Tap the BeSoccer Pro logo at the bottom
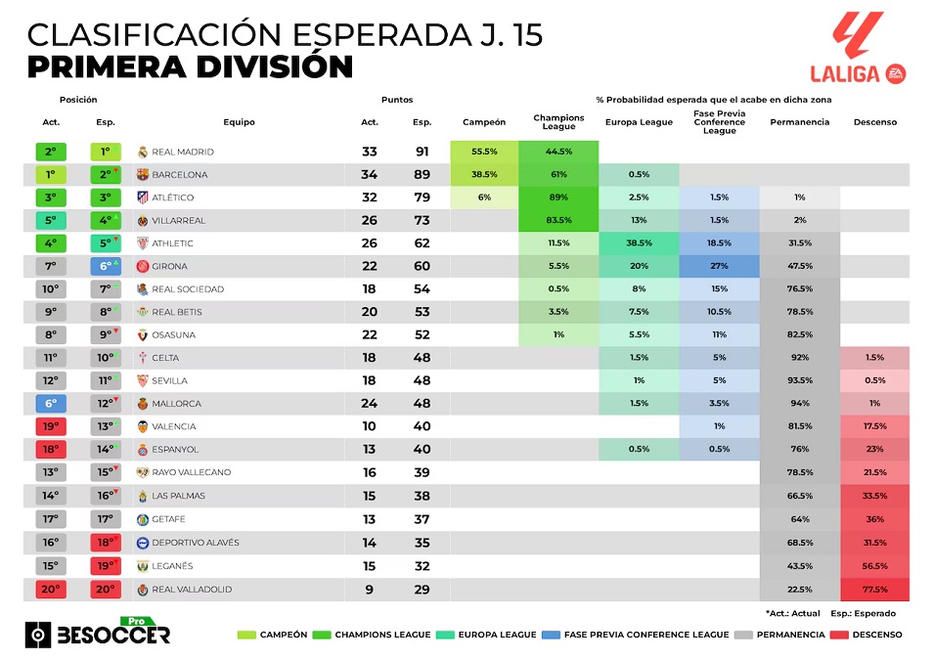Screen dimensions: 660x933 click(98, 633)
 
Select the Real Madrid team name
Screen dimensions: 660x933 click(182, 153)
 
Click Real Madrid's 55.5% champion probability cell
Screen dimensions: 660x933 click(484, 153)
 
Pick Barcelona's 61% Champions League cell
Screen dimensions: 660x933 click(558, 175)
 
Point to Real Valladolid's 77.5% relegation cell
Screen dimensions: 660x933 click(874, 590)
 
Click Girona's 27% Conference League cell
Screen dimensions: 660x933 click(719, 266)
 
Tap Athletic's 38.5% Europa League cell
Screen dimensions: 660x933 click(639, 243)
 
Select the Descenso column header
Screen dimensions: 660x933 click(874, 122)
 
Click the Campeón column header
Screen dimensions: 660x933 click(484, 122)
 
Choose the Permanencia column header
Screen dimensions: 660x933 click(799, 122)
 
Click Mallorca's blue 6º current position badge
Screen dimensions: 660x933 click(51, 403)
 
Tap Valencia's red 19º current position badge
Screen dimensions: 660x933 click(51, 426)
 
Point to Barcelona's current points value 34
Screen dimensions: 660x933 click(370, 175)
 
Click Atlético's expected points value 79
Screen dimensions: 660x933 click(422, 198)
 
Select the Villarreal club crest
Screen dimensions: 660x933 click(142, 221)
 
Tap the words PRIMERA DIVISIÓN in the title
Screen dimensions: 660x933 click(190, 67)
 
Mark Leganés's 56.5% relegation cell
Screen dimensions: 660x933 click(874, 566)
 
